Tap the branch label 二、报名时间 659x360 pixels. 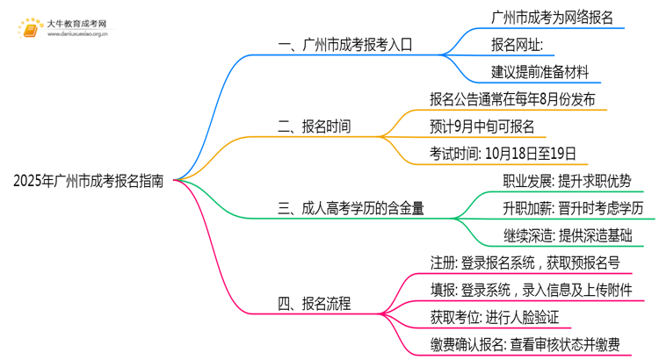[x=315, y=126]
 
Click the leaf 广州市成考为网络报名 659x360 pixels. [x=554, y=17]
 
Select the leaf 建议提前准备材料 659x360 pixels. [x=541, y=71]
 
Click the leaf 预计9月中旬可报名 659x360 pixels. [x=482, y=126]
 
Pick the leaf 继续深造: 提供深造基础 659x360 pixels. [x=567, y=235]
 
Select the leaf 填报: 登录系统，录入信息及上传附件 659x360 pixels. [x=529, y=291]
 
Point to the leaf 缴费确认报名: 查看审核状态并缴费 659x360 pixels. [x=524, y=345]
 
